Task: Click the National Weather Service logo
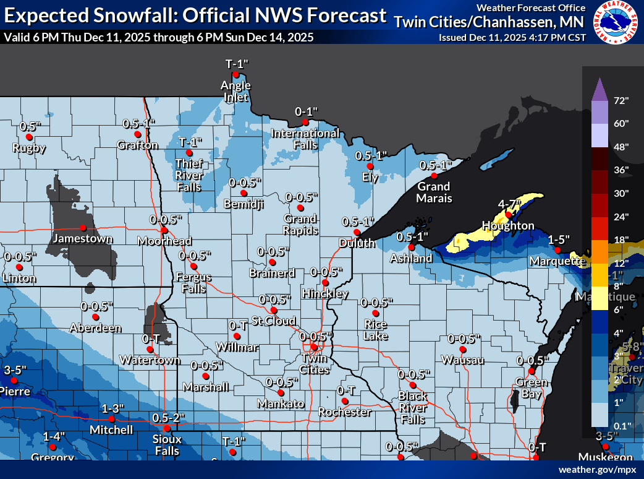coord(617,24)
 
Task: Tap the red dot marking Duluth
coord(357,232)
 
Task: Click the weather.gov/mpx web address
coord(597,470)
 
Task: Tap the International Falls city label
coord(305,139)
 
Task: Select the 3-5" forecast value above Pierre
coord(15,370)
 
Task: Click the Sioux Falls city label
coord(167,445)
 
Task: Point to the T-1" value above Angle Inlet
coord(235,64)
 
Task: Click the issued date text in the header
coord(512,37)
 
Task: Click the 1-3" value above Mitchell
coord(113,408)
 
